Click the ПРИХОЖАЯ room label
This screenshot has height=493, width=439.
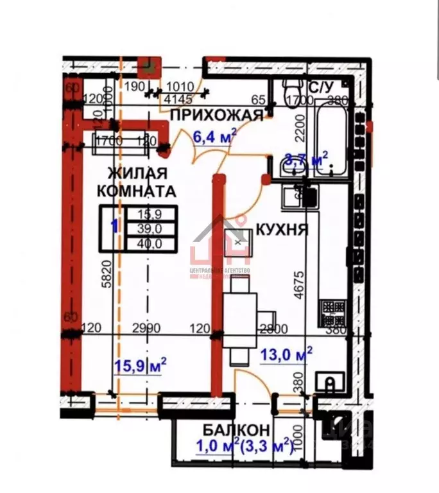pos(216,116)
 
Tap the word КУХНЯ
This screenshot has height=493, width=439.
pos(282,229)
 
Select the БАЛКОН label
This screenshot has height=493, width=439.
pos(236,430)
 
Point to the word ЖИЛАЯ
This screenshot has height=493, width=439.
pos(137,173)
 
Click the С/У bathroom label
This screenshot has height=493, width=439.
pos(322,87)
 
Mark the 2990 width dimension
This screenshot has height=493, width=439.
pos(148,329)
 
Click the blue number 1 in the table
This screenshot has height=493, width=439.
pos(114,226)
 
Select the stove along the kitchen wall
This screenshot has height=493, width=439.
pos(333,313)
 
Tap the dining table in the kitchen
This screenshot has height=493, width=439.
pos(240,311)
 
